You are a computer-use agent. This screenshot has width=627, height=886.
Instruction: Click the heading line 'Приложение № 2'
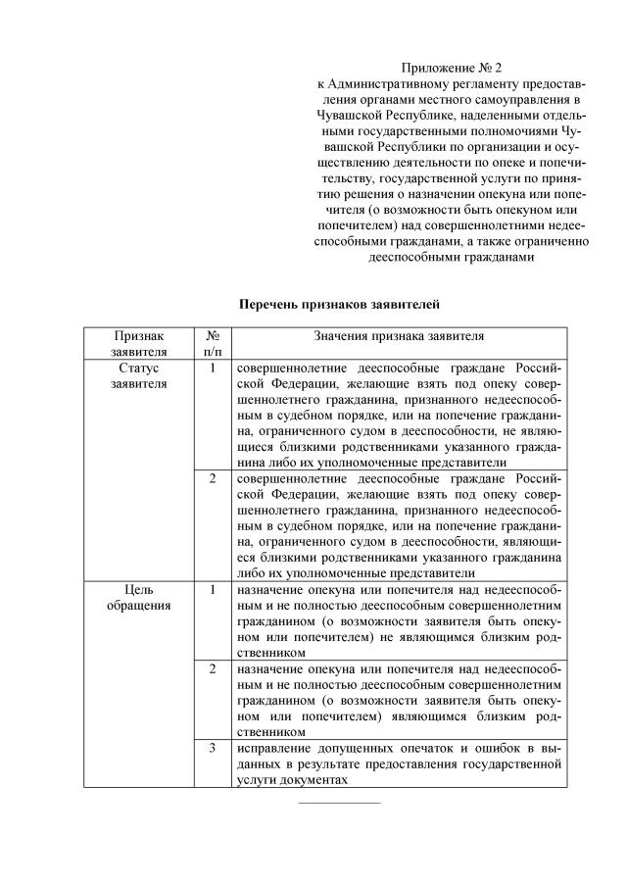pyautogui.click(x=451, y=68)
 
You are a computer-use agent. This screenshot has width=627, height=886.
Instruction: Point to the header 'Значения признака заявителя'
pyautogui.click(x=399, y=335)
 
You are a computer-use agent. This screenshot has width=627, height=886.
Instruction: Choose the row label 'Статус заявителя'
pyautogui.click(x=138, y=375)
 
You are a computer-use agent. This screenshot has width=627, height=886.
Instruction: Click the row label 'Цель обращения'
pyautogui.click(x=138, y=597)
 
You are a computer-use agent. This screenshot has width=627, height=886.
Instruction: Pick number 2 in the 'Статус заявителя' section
pyautogui.click(x=213, y=479)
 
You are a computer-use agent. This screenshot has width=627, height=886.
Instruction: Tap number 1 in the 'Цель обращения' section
pyautogui.click(x=213, y=590)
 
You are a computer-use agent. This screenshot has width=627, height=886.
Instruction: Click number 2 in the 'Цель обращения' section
pyautogui.click(x=213, y=668)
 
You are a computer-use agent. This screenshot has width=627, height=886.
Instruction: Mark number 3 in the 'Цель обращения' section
pyautogui.click(x=213, y=748)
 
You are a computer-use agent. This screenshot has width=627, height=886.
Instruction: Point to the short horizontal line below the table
pyautogui.click(x=340, y=803)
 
